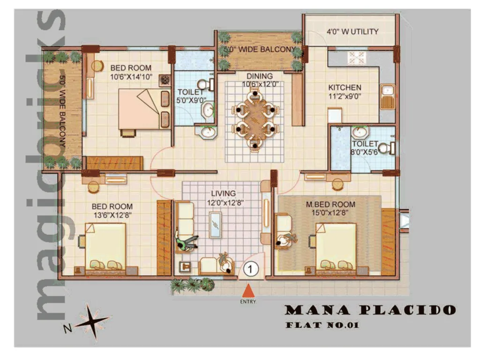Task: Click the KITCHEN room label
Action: coord(345,88)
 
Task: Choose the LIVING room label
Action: coord(223,193)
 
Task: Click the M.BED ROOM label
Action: coord(330,204)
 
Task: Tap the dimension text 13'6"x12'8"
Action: coord(112,215)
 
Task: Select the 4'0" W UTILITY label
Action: coord(352,32)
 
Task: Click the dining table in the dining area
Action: coord(255,120)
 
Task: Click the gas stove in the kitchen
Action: coord(355,58)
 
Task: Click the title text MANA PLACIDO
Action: coord(370,310)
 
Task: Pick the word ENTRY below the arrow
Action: coord(248,301)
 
